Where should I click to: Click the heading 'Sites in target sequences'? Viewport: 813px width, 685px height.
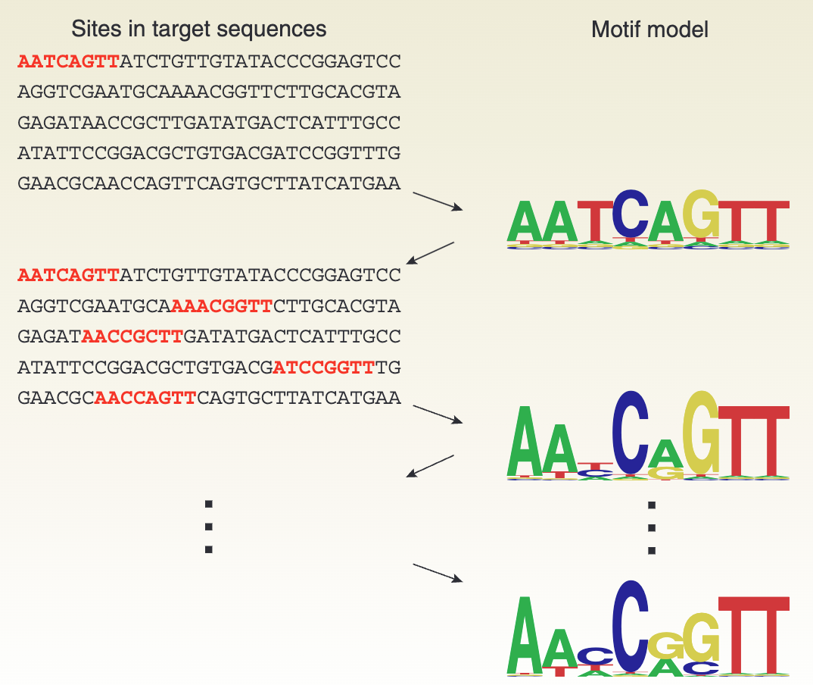pos(199,30)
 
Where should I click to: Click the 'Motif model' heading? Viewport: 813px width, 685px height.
pos(649,30)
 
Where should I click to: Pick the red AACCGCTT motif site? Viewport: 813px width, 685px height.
pos(132,336)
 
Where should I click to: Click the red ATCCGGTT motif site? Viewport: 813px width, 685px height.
pos(324,368)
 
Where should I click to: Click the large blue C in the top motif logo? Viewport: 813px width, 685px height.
pos(628,214)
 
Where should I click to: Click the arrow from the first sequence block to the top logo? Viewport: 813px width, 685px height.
pos(437,202)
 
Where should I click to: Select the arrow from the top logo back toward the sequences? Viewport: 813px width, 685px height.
pos(430,253)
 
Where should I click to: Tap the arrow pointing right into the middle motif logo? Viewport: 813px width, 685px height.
pos(437,414)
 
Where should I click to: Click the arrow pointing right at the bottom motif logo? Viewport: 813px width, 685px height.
pos(437,573)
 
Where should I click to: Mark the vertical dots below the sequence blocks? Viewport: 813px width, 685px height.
pos(209,527)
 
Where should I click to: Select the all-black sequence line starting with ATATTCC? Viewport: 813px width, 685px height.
pos(209,153)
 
